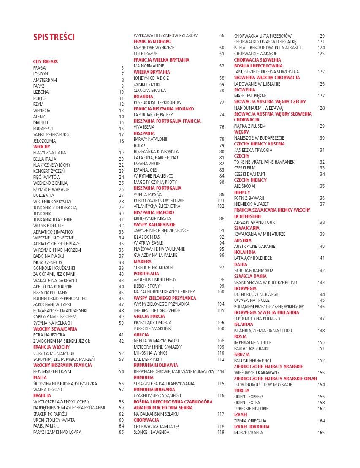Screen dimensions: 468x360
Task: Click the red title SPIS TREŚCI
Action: click(54, 37)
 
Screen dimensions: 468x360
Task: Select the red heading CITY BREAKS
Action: click(46, 62)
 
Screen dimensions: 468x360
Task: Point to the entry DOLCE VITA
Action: click(43, 195)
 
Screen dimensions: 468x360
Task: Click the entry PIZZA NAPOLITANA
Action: click(50, 292)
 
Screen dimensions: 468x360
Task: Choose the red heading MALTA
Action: click(40, 377)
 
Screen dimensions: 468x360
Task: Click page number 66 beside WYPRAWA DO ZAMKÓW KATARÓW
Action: click(222, 35)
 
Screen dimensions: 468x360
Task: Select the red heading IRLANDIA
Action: click(143, 97)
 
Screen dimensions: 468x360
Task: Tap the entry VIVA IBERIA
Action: click(144, 127)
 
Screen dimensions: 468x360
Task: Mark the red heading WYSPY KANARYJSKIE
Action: click(154, 225)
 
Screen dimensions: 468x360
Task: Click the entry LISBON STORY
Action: click(146, 286)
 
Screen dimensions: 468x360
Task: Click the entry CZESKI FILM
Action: click(246, 168)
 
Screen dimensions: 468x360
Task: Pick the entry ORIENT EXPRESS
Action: click(249, 397)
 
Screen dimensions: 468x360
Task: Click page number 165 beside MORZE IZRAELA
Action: click(321, 433)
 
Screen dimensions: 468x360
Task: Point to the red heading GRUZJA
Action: click(243, 355)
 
